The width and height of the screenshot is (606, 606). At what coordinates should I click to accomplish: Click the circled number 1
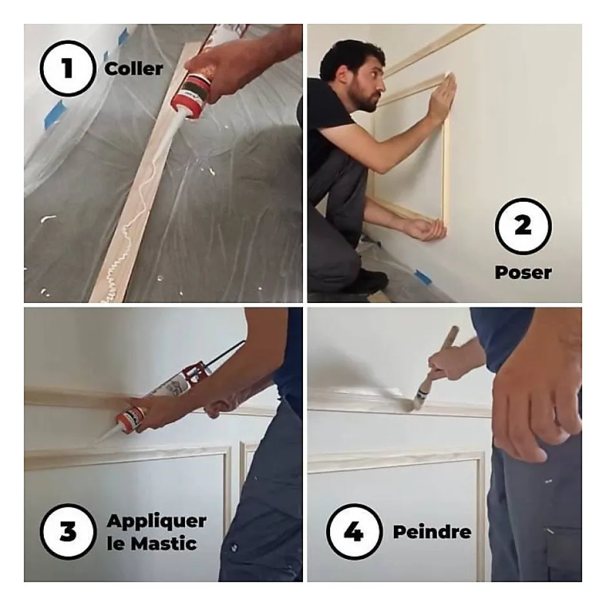(x=68, y=68)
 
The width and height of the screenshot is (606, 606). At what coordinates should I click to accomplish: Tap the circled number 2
(x=523, y=226)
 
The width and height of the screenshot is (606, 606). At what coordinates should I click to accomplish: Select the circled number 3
(x=68, y=531)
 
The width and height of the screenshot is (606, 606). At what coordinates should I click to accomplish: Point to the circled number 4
(x=354, y=532)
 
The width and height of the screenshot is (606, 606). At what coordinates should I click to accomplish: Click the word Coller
(x=133, y=69)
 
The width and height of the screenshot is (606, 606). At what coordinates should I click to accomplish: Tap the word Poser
(x=523, y=273)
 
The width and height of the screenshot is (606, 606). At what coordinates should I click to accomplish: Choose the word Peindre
(x=432, y=532)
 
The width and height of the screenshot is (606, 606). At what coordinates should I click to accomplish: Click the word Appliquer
(x=157, y=522)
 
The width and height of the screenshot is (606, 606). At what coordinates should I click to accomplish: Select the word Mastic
(x=164, y=543)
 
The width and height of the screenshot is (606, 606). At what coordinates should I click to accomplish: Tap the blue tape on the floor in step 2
(x=423, y=277)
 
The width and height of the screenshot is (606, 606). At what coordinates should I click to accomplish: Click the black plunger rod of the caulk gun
(x=224, y=353)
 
